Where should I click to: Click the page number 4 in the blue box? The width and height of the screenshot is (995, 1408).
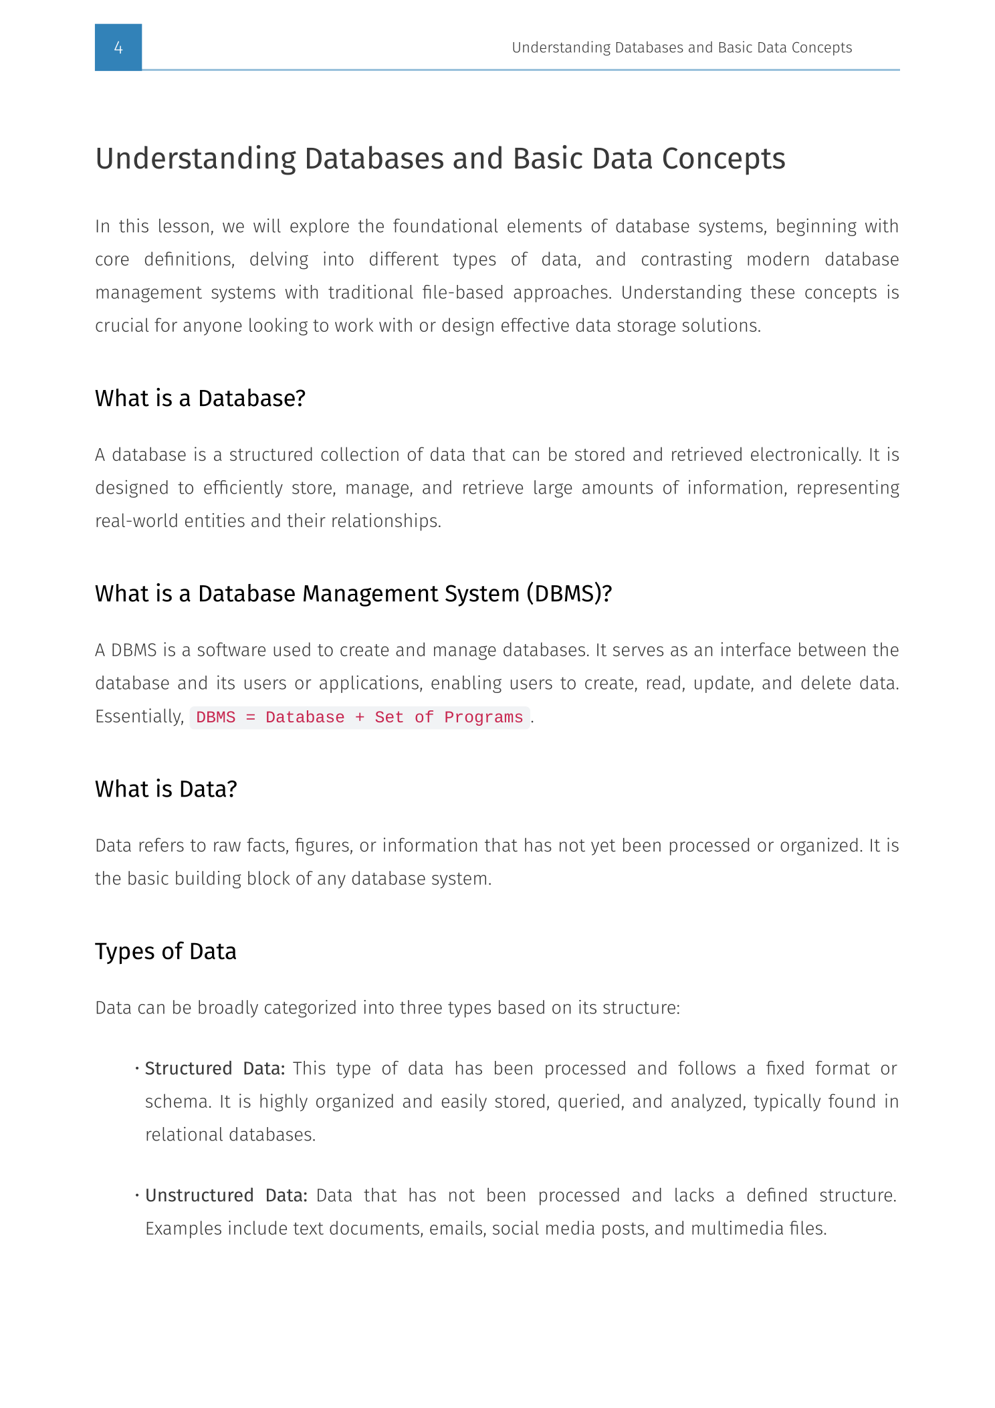click(x=118, y=47)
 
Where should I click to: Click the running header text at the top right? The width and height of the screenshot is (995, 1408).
click(x=681, y=47)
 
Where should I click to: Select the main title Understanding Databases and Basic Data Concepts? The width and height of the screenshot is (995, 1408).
click(x=440, y=159)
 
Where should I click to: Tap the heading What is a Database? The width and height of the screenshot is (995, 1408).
click(x=200, y=399)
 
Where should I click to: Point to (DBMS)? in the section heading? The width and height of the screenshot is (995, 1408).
click(x=569, y=594)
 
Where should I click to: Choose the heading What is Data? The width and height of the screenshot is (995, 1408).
click(x=166, y=789)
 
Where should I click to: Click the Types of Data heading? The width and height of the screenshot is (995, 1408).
click(x=166, y=951)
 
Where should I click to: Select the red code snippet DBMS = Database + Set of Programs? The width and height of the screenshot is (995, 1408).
click(x=360, y=718)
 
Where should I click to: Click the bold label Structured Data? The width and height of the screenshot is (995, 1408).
click(x=215, y=1068)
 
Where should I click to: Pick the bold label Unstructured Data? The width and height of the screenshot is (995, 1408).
click(x=226, y=1195)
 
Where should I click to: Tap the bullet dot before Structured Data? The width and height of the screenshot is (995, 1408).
click(x=136, y=1069)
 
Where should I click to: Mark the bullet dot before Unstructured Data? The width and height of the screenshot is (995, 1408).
click(x=136, y=1196)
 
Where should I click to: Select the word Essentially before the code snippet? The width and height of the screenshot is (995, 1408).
click(x=139, y=716)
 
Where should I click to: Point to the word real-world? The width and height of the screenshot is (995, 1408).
click(x=137, y=521)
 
